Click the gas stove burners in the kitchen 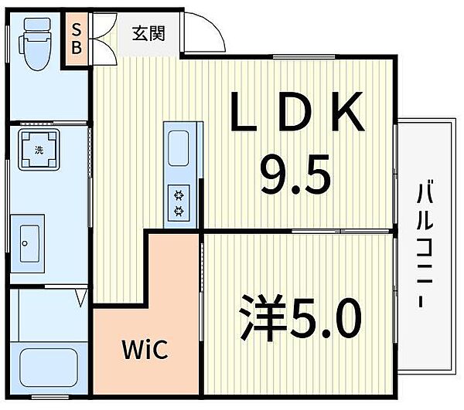pos(179,202)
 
